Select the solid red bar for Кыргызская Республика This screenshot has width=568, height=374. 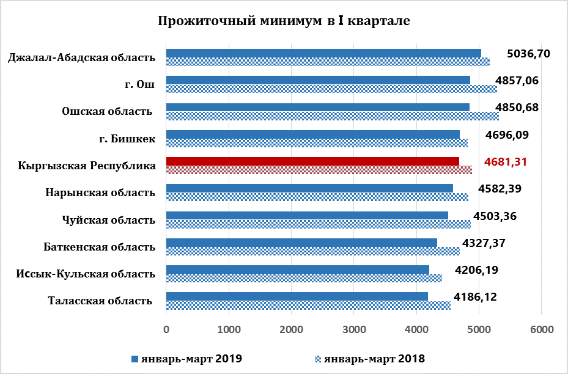[x=312, y=161]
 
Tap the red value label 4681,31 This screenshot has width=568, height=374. [x=505, y=162]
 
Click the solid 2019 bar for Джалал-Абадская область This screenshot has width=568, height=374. [x=323, y=53]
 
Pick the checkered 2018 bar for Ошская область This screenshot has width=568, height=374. [x=332, y=116]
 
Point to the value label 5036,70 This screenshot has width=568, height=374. [x=529, y=54]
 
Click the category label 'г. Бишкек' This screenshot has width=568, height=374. [x=127, y=139]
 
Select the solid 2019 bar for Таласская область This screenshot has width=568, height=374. [x=297, y=296]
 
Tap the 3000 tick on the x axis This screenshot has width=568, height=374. [x=354, y=329]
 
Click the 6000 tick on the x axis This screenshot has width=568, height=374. [x=542, y=329]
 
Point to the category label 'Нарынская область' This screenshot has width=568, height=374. [x=100, y=193]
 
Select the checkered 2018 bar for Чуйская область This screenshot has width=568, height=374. [x=318, y=224]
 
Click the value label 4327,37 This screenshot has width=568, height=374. [x=484, y=243]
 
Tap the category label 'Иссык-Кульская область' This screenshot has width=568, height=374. [x=86, y=274]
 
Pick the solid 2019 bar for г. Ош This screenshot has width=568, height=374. [x=318, y=80]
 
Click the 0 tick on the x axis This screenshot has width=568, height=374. [x=166, y=329]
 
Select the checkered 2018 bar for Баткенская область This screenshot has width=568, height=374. [x=312, y=251]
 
